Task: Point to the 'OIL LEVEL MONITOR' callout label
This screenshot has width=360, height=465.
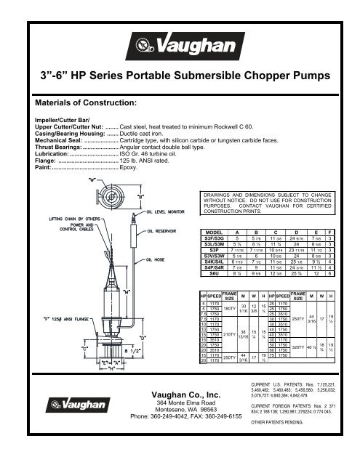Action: tap(170, 212)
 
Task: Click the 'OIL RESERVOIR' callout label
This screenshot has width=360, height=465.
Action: tap(167, 232)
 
